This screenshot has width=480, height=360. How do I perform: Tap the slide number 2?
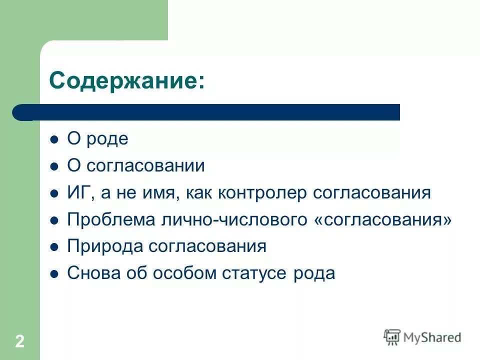[x=19, y=341]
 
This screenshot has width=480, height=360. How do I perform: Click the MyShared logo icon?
[x=392, y=337]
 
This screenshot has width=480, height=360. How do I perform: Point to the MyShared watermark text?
[x=432, y=337]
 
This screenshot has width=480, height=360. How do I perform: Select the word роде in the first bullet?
[x=107, y=139]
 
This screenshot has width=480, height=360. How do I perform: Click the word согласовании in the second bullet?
[x=145, y=166]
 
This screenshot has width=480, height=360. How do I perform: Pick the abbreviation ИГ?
[x=78, y=193]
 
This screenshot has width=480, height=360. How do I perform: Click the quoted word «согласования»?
[x=383, y=220]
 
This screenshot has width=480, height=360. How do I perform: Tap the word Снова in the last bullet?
[x=90, y=273]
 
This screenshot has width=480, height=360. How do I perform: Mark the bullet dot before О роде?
[x=55, y=139]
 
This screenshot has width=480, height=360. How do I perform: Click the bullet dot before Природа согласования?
[x=55, y=247]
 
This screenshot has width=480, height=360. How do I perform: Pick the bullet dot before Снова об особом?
[x=55, y=273]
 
